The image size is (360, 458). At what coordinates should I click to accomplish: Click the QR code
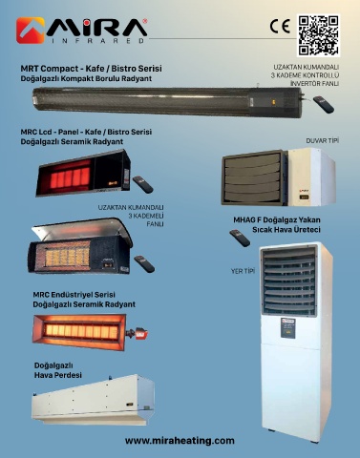click(x=318, y=35)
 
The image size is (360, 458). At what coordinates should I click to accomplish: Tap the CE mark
click(x=280, y=27)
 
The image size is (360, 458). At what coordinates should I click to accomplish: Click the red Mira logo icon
click(x=31, y=31)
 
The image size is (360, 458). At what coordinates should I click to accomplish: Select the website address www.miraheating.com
click(x=180, y=441)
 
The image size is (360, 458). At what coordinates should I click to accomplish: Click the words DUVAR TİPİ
click(x=322, y=140)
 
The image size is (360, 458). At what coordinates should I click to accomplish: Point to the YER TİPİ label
click(x=243, y=271)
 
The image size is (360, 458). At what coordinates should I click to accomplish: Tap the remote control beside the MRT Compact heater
click(x=324, y=104)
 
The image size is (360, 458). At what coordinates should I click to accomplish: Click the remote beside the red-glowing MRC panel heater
click(x=143, y=184)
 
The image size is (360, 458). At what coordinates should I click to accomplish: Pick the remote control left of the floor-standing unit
click(x=240, y=238)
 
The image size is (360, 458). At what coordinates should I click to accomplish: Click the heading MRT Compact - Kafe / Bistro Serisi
click(x=91, y=69)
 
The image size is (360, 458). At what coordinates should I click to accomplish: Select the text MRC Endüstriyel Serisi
click(x=74, y=295)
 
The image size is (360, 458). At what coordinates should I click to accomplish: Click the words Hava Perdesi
click(x=58, y=375)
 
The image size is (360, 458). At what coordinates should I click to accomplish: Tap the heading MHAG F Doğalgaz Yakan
click(x=277, y=219)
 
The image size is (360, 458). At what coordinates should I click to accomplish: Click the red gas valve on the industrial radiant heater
click(x=140, y=334)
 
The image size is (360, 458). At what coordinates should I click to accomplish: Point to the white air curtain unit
click(x=93, y=400)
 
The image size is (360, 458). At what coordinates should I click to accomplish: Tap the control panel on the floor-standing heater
click(x=289, y=328)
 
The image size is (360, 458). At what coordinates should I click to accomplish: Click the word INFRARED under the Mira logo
click(x=98, y=41)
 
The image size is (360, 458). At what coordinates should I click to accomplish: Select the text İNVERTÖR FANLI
click(x=314, y=84)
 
